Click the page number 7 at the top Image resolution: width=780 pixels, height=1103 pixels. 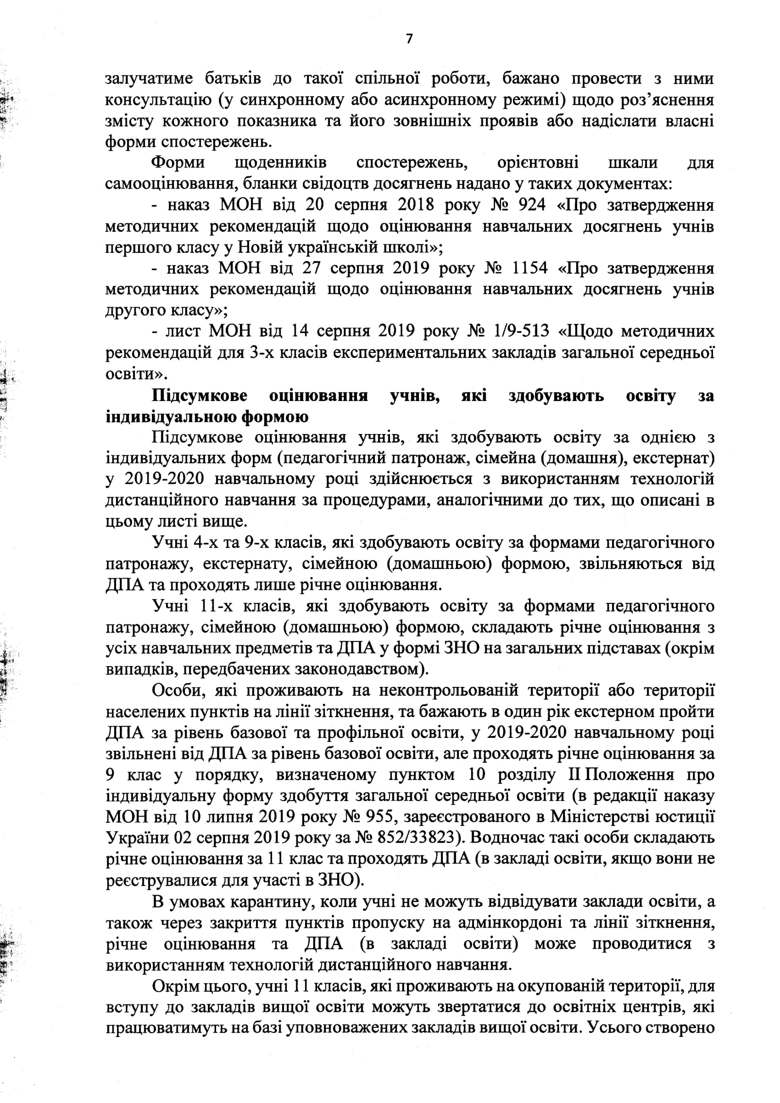(x=409, y=39)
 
